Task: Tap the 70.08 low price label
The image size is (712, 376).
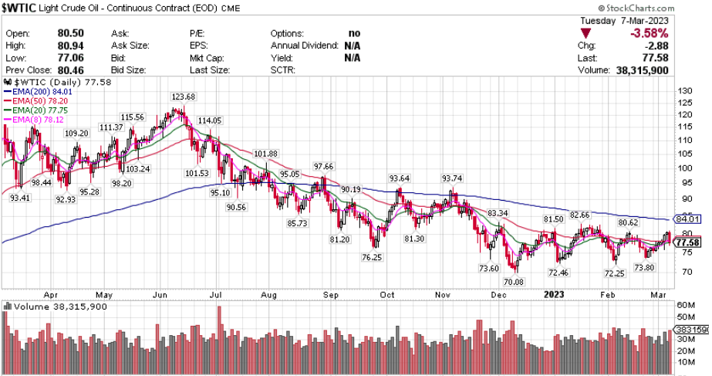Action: (514, 283)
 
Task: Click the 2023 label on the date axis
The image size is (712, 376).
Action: (554, 294)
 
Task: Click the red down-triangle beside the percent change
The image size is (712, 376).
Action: (586, 34)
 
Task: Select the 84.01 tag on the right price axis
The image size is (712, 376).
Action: (687, 219)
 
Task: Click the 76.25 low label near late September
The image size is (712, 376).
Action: (371, 256)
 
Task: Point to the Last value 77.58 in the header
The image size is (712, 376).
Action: (656, 58)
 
